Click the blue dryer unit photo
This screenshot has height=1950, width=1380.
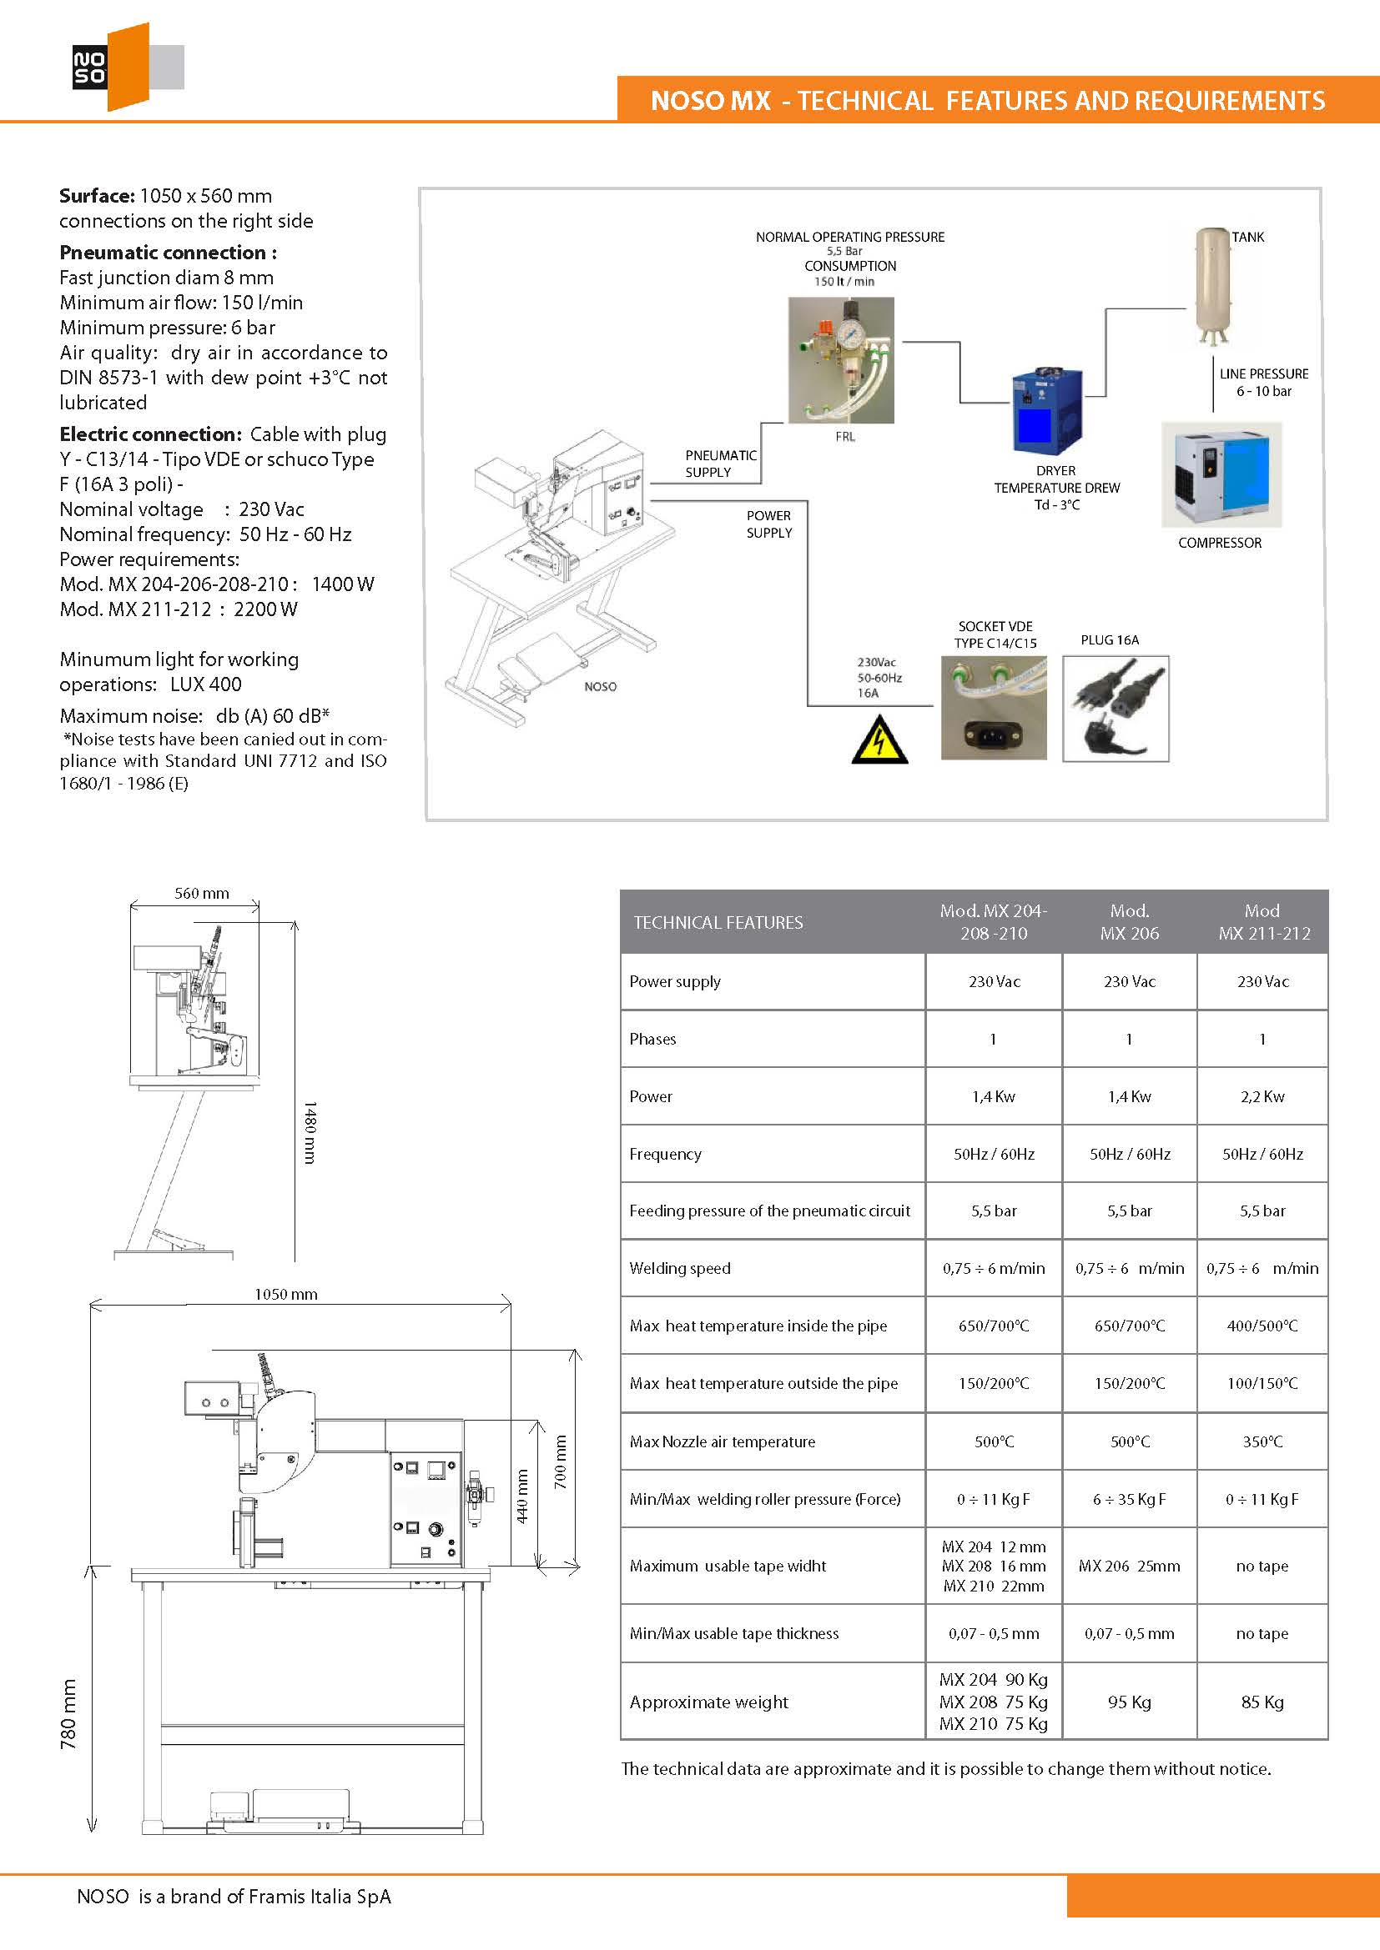tap(1047, 411)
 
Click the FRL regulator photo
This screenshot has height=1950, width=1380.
tap(840, 359)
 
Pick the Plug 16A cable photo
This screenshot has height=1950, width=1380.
tap(1115, 709)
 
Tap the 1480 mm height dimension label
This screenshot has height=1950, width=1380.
tap(310, 1132)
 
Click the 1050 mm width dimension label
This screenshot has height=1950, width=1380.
tap(285, 1295)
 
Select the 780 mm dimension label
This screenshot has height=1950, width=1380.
tap(68, 1714)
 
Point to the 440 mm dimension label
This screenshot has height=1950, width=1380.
tap(522, 1496)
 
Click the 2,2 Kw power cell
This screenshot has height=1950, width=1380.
tap(1262, 1096)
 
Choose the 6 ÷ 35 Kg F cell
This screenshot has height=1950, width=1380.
tap(1129, 1499)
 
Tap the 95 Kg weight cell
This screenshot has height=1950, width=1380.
tap(1129, 1702)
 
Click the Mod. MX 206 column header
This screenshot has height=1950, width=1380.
tap(1129, 921)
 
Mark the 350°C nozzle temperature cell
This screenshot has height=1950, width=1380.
tap(1262, 1441)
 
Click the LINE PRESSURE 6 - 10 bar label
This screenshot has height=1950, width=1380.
tap(1263, 382)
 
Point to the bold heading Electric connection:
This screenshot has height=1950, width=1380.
tap(150, 434)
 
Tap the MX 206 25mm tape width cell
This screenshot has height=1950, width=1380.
tap(1129, 1566)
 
